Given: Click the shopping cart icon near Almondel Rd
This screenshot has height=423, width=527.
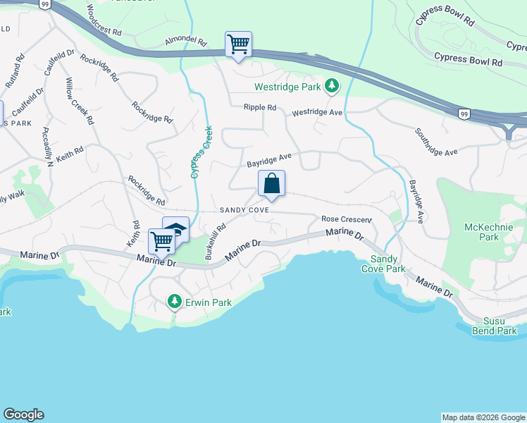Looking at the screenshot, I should click(x=238, y=44).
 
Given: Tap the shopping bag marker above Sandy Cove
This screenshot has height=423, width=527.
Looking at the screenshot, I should click(x=271, y=184).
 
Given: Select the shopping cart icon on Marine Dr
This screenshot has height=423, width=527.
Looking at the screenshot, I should click(x=162, y=241).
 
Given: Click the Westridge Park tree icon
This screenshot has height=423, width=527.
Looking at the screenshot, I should click(x=332, y=87).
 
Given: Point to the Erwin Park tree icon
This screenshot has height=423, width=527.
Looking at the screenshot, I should click(x=174, y=302).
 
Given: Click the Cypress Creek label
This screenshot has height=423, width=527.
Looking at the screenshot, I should click(x=200, y=152).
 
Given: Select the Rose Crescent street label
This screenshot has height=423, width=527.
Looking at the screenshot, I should click(x=345, y=219).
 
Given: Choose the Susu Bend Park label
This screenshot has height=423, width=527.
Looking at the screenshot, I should click(x=495, y=326).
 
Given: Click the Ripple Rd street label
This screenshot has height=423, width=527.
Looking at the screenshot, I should click(x=259, y=108).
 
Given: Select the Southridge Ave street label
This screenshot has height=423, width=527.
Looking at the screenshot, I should click(x=436, y=142).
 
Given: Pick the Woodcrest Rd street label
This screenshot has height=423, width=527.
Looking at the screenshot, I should click(x=104, y=22).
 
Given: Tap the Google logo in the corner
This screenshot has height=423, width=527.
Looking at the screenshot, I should click(x=23, y=415).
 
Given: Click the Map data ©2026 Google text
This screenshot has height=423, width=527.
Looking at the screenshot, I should click(x=483, y=417).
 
